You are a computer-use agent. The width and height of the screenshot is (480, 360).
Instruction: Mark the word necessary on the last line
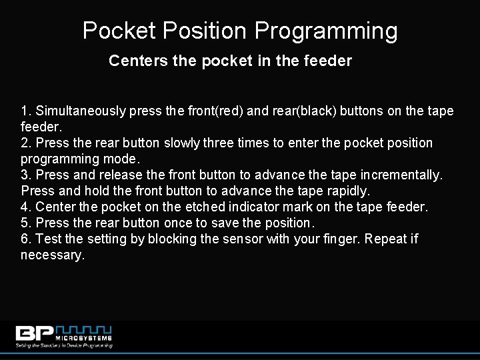coord(53,255)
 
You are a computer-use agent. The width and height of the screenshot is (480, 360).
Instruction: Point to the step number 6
coord(25,239)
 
